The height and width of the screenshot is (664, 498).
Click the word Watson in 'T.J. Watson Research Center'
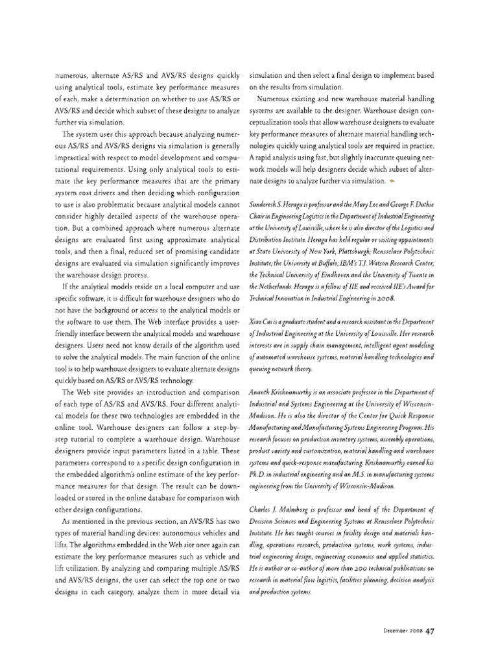pos(393,263)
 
